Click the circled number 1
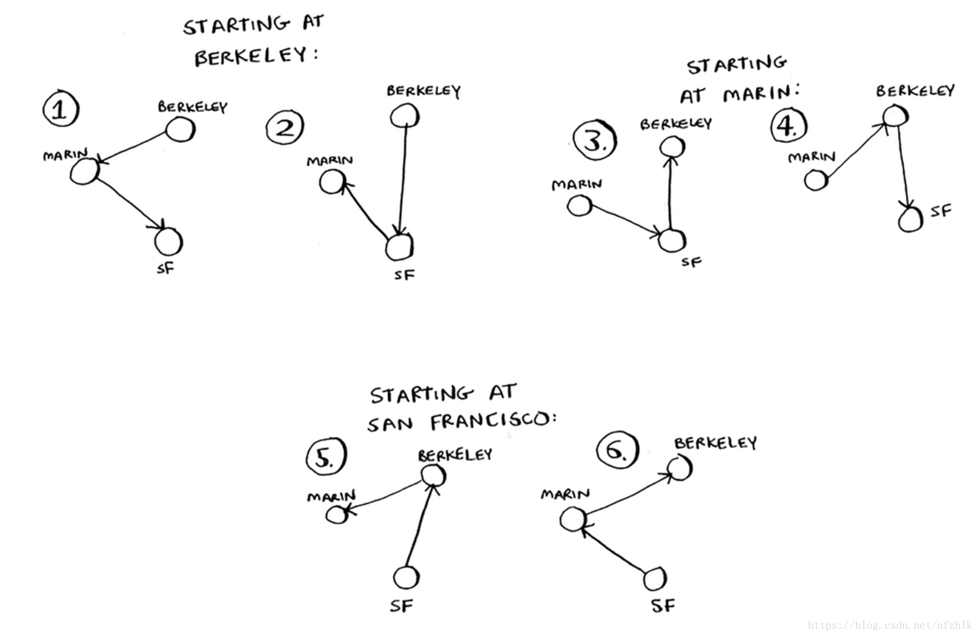click(x=61, y=109)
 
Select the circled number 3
click(x=594, y=141)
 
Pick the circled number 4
click(x=788, y=125)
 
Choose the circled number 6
click(x=616, y=451)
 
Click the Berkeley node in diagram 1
click(x=179, y=129)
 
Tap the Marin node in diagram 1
click(x=85, y=171)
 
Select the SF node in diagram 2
click(x=400, y=247)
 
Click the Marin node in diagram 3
click(x=579, y=206)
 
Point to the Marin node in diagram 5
click(x=337, y=515)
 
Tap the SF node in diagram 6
click(x=655, y=579)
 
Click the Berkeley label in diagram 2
click(x=423, y=91)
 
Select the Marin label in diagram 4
click(x=812, y=157)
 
